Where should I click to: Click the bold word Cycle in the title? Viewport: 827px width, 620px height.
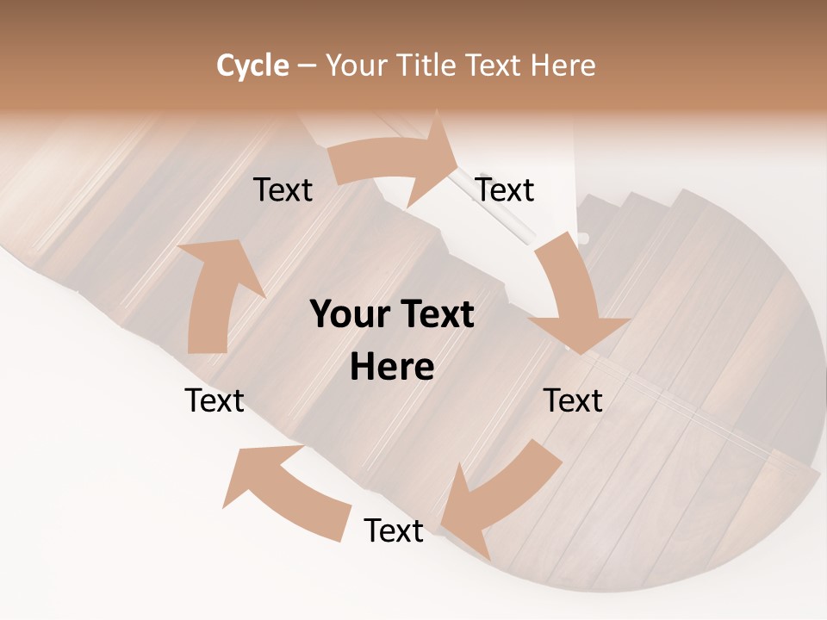[x=252, y=65]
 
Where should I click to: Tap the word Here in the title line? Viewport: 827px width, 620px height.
[x=563, y=65]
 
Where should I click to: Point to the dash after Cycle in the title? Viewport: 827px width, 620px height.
[x=307, y=66]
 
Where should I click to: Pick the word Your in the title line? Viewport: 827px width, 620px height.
[x=356, y=65]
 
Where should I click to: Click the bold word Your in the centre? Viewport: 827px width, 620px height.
[x=349, y=315]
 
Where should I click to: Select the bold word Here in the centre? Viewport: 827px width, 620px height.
[x=392, y=367]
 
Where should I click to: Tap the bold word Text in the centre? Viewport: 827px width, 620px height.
[x=435, y=315]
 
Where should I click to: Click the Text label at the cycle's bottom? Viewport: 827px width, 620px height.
[x=394, y=530]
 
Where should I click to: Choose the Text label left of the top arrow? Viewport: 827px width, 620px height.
[x=283, y=190]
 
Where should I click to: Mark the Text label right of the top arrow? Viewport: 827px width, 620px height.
[x=505, y=190]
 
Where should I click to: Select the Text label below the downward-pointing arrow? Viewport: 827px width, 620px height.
[x=573, y=400]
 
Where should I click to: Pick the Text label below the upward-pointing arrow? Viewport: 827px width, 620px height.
[x=215, y=400]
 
